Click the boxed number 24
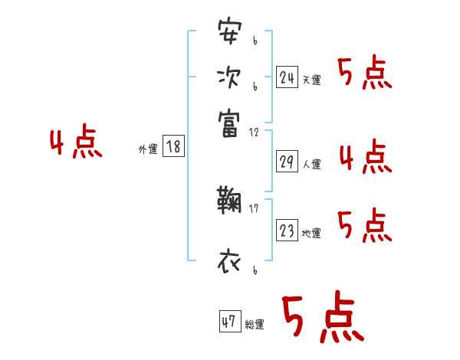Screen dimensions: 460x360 tap(287, 77)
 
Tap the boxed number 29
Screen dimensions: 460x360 tap(287, 161)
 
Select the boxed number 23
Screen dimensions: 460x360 tap(287, 231)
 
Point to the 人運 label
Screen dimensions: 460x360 tap(312, 164)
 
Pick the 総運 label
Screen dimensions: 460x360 tap(255, 325)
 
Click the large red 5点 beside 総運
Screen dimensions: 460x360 tap(321, 319)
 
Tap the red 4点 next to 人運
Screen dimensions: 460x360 tap(365, 157)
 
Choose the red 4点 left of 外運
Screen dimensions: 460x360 tap(76, 143)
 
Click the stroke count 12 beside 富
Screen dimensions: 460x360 tap(254, 133)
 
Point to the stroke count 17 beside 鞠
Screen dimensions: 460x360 tap(254, 208)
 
